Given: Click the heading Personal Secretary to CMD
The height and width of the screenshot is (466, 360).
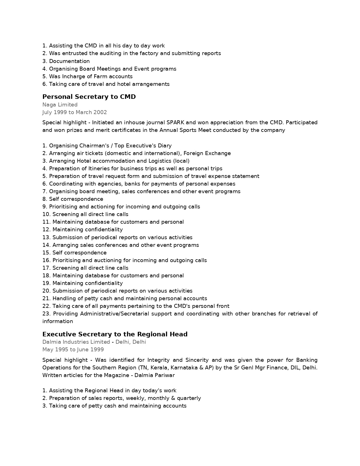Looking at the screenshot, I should [x=89, y=97].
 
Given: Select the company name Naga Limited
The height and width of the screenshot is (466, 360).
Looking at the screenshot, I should [x=60, y=105].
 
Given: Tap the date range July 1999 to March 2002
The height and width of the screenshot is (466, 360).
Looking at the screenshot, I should [x=75, y=112].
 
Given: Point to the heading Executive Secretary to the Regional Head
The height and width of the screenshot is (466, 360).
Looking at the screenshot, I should [x=115, y=334].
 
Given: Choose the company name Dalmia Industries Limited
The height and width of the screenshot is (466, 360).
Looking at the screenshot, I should [x=76, y=342].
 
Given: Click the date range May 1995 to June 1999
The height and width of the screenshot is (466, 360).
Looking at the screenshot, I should [x=73, y=350].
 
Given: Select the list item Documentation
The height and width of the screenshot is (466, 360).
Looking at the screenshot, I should [x=69, y=61].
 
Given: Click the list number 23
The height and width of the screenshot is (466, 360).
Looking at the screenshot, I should [x=46, y=314].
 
